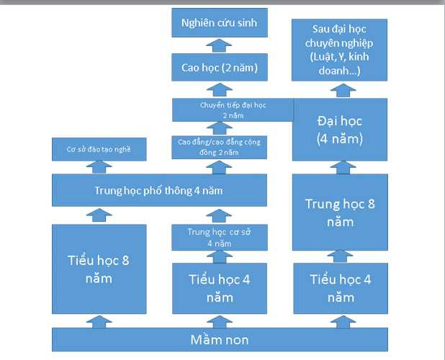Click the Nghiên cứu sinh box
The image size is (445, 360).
(215, 24)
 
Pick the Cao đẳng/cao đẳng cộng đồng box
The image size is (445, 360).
(218, 147)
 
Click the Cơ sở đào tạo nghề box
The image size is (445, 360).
(99, 149)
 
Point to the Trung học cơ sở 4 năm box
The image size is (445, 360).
(218, 237)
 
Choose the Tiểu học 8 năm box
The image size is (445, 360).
(99, 269)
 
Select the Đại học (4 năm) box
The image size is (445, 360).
(340, 129)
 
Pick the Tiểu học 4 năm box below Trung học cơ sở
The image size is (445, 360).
(218, 288)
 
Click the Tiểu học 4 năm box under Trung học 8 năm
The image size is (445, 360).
(340, 288)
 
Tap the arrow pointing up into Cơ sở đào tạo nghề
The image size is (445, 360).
(99, 166)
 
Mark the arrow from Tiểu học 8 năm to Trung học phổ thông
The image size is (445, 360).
(99, 214)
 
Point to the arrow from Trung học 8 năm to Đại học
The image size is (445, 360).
(340, 167)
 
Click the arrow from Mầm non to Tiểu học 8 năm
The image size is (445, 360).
(99, 321)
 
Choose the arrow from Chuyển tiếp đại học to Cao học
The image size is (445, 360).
(215, 90)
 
